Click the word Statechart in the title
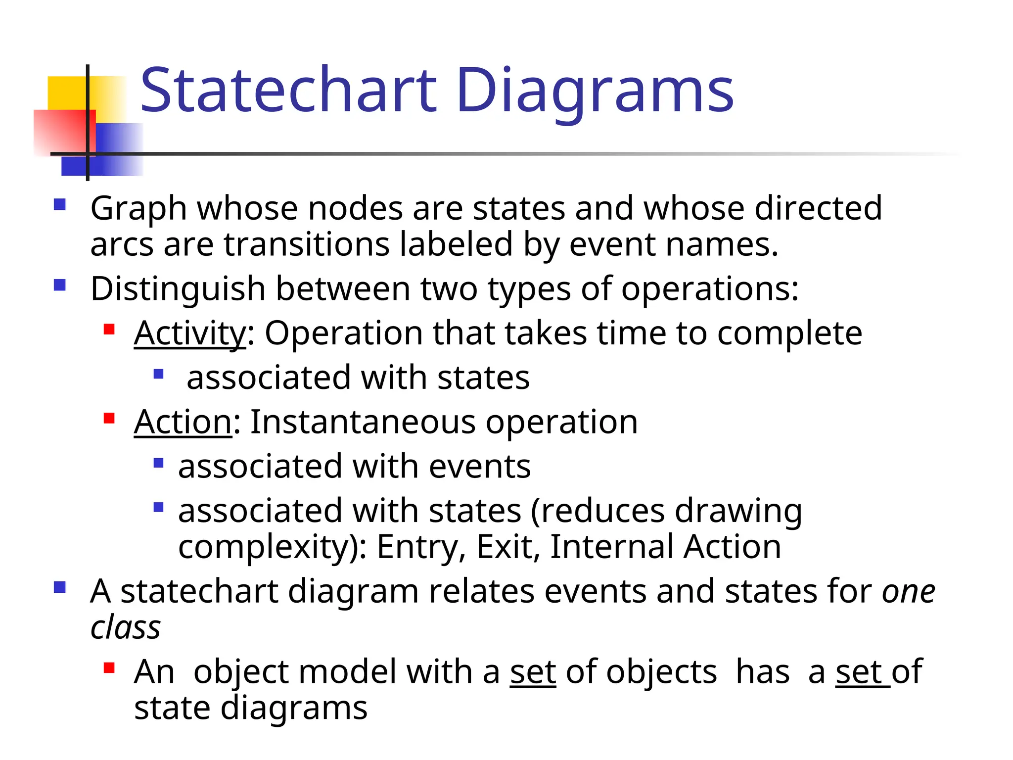(x=289, y=91)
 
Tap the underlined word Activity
(x=189, y=333)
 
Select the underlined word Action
(x=183, y=422)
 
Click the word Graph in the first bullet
(x=138, y=208)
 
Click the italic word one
(x=909, y=591)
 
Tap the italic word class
(x=126, y=627)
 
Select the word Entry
(x=421, y=547)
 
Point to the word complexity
(x=267, y=548)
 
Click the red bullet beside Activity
(x=109, y=330)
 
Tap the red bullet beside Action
(x=109, y=419)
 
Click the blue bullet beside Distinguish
(x=60, y=285)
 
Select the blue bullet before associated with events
(x=158, y=463)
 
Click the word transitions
(x=307, y=244)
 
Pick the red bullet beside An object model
(x=109, y=668)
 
